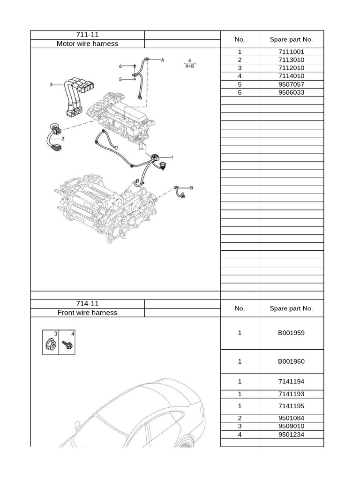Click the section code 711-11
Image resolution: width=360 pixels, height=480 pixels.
point(87,35)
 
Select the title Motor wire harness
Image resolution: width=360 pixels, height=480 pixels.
point(87,44)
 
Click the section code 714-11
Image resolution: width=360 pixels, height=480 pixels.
point(87,304)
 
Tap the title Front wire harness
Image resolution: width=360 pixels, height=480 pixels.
point(87,313)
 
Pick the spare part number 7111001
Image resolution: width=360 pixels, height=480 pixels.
point(291,52)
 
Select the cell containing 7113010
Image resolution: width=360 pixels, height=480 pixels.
point(291,60)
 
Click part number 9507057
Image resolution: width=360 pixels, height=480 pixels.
point(291,84)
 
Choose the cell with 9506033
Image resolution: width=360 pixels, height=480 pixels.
point(291,92)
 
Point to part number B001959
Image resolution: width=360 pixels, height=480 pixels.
point(291,333)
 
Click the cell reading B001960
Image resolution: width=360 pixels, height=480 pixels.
point(291,361)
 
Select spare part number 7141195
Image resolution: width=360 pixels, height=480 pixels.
point(291,406)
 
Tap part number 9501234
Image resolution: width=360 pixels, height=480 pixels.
point(291,435)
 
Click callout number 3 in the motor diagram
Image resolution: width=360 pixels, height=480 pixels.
point(51,85)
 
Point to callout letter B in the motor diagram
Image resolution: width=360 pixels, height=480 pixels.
point(191,188)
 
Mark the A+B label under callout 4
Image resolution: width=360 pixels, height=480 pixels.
point(190,66)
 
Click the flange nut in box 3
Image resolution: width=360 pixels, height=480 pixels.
point(50,346)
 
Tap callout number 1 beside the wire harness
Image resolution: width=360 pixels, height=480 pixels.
point(172,157)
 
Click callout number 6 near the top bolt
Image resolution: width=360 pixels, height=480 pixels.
point(120,66)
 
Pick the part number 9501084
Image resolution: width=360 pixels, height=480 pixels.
point(291,418)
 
